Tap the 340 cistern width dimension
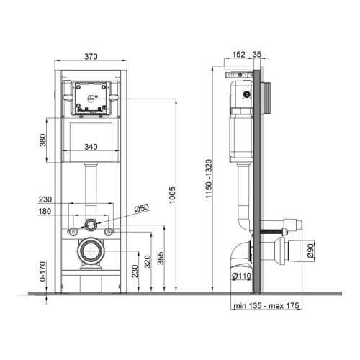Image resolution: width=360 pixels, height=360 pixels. pyautogui.click(x=90, y=147)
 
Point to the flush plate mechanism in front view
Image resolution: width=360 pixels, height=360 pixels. pyautogui.click(x=91, y=98)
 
